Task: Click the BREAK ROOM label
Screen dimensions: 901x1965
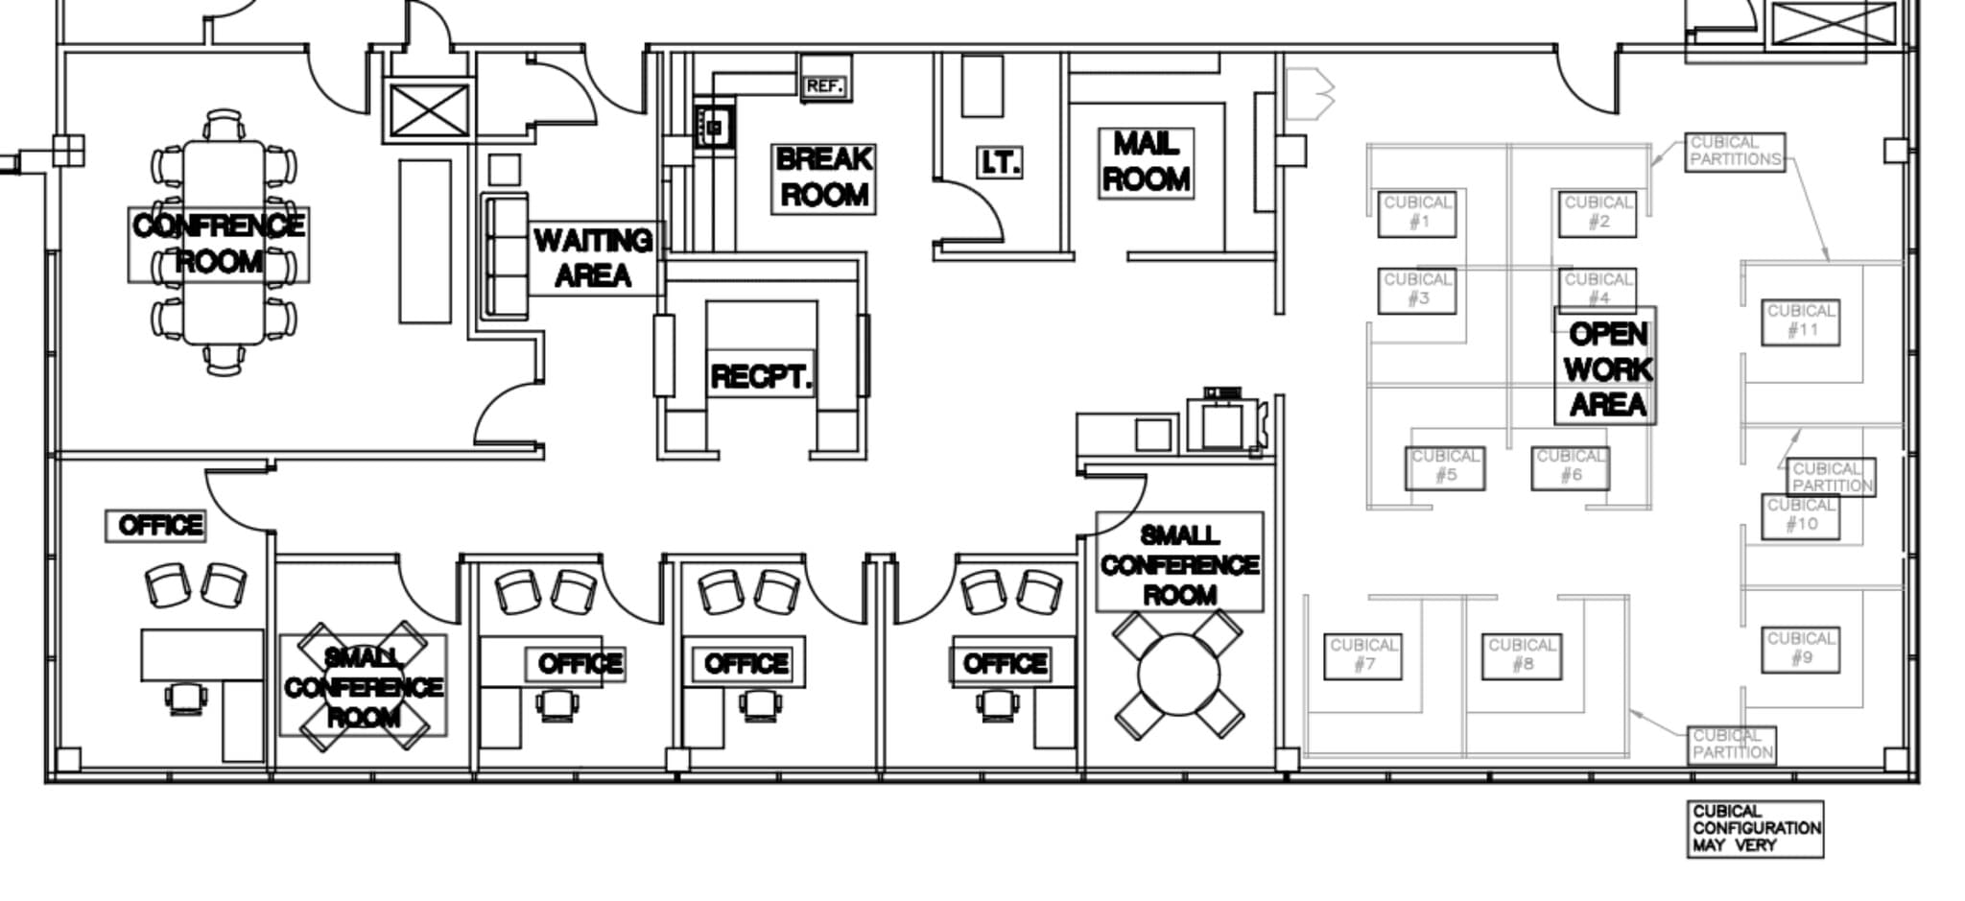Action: coord(823,178)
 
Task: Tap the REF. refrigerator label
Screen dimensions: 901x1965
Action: coord(824,86)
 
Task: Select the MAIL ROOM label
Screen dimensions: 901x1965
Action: coord(1146,162)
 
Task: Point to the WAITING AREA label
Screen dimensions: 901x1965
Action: coord(593,258)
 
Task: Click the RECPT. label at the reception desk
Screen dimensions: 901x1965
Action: coord(761,377)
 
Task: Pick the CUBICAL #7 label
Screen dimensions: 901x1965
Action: coord(1362,655)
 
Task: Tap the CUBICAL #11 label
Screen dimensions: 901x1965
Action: coord(1801,321)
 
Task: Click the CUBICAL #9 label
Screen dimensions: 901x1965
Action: coord(1800,649)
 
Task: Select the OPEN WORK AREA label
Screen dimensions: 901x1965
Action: coord(1605,368)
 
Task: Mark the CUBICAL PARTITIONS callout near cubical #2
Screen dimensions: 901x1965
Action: coord(1735,152)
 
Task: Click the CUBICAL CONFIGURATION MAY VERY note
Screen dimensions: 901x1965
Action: coord(1755,829)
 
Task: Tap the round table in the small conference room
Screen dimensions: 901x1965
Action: coord(1178,675)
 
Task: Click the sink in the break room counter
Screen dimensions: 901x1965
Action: coord(714,127)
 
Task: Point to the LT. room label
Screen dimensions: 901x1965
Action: coord(999,162)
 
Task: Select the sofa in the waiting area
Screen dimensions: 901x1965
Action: coord(505,255)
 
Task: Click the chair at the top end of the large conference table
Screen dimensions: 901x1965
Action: coord(225,125)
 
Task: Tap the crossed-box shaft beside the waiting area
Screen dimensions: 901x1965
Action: coord(429,110)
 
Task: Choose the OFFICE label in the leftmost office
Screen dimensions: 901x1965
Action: coord(155,525)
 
